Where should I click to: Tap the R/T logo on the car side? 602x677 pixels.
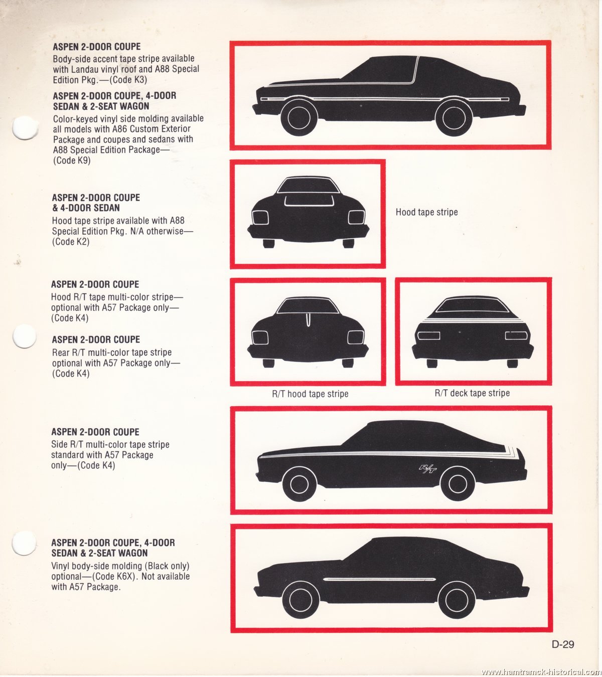427,469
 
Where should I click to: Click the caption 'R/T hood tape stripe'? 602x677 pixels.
310,394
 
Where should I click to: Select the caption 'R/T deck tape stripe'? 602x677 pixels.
472,393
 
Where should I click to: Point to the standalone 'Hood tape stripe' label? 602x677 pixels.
426,212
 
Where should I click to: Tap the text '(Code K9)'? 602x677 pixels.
72,160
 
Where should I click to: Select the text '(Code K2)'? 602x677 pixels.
71,242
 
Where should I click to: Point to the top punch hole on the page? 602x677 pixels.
25,128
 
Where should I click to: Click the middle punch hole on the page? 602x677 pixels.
25,336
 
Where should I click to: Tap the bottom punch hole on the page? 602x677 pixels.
24,543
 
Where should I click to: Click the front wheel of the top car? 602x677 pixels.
299,118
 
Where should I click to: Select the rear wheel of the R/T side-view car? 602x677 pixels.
458,483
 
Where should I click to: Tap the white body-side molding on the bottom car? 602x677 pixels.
380,579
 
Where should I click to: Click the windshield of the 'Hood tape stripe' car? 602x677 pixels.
309,186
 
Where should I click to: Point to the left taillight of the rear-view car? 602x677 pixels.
428,335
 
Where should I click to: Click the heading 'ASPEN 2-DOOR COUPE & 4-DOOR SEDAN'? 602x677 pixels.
96,203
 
